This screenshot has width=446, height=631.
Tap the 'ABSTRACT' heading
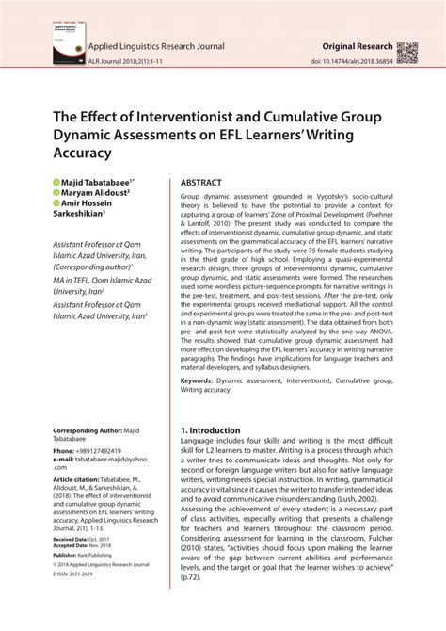pyautogui.click(x=201, y=182)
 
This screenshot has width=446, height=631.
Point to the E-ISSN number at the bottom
pyautogui.click(x=75, y=574)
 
